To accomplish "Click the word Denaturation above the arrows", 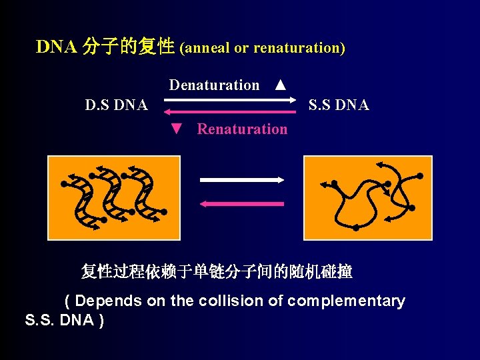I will (x=214, y=85).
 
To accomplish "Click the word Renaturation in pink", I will (x=242, y=129).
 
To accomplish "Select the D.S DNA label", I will (x=117, y=105).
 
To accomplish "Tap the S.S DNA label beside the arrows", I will (x=339, y=105).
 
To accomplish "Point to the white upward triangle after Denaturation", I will (x=281, y=85).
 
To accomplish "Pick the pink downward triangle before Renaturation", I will (x=176, y=129).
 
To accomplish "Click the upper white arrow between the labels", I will (x=229, y=100).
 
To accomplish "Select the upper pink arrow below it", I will (x=229, y=111).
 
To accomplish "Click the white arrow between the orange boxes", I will (x=242, y=179).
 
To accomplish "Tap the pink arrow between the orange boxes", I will (x=242, y=203).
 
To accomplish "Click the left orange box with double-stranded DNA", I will (x=114, y=197).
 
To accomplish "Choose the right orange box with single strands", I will (x=367, y=197).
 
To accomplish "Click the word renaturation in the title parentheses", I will (x=296, y=48).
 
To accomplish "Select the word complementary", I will (x=346, y=301).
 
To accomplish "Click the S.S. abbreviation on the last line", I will (x=40, y=320).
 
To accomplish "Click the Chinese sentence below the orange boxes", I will (x=217, y=272).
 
